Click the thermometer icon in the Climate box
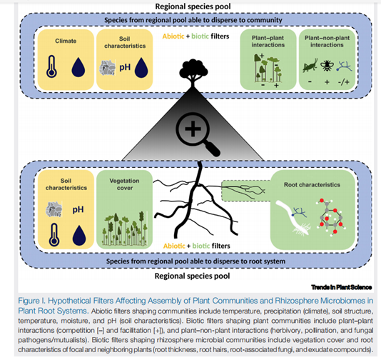point(51,66)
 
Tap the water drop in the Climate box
point(78,67)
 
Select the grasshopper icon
point(310,65)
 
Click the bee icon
point(327,65)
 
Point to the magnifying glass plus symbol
point(193,128)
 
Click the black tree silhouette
point(193,73)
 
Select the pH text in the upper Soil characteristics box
point(125,67)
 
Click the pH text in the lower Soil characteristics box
point(78,209)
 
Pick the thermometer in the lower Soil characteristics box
point(54,235)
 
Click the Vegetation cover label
point(125,184)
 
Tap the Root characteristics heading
point(312,184)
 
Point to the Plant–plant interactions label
point(268,41)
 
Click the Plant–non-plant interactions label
point(327,41)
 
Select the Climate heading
point(66,41)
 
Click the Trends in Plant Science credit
point(341,287)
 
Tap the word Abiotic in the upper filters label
point(173,36)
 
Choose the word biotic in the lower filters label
point(201,246)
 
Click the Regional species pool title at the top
point(193,6)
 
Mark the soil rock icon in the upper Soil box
point(108,67)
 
